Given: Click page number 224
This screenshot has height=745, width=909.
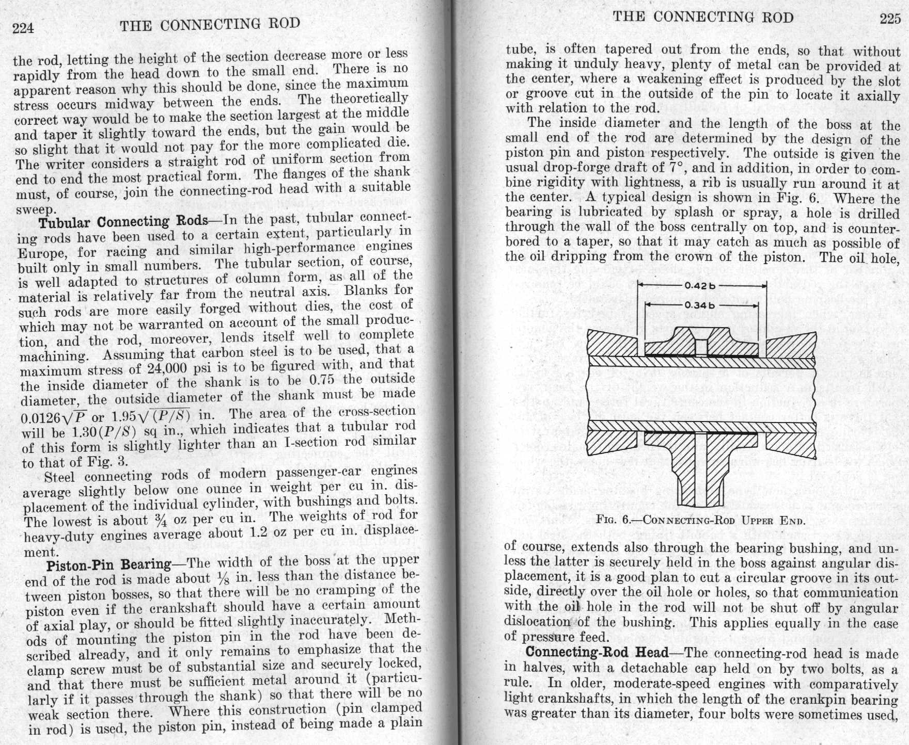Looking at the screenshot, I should click(23, 28).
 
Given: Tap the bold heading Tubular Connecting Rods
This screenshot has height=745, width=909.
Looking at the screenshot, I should click(123, 222).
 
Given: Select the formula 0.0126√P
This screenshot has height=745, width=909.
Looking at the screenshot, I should click(54, 417).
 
